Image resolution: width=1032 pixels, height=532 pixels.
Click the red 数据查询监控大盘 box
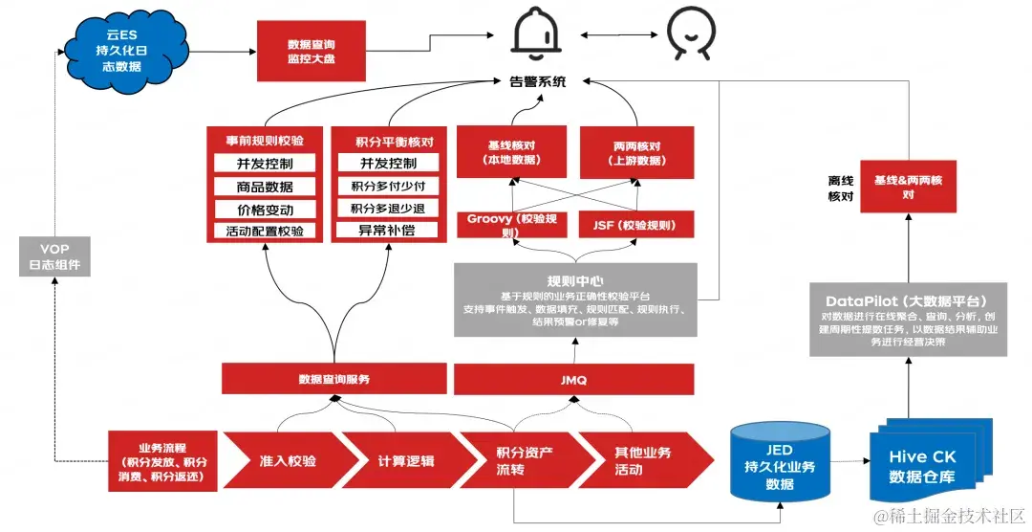point(311,52)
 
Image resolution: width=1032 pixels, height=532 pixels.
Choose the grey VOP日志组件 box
point(54,257)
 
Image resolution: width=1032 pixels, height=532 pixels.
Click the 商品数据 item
point(265,187)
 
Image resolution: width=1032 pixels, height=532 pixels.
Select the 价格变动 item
point(265,210)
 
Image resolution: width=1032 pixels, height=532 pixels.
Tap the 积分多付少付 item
point(387,187)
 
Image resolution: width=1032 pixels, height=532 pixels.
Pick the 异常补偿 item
point(387,231)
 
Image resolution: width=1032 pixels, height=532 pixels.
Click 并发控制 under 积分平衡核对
point(387,164)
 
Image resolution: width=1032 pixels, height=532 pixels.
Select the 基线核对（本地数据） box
point(511,152)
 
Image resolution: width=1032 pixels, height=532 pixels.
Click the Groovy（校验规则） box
point(512,225)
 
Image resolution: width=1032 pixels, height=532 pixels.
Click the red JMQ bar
point(574,380)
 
